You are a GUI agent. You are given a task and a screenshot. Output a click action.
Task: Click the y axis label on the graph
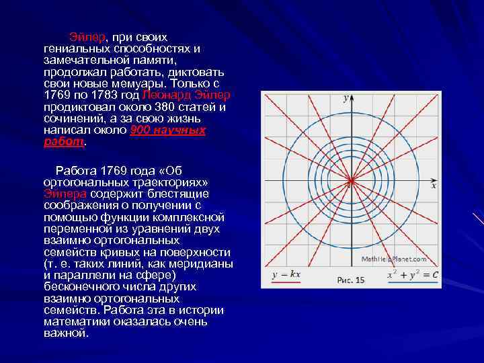point(346,99)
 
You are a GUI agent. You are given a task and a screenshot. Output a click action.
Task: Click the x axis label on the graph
point(434,186)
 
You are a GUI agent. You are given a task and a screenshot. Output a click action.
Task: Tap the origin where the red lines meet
point(351,179)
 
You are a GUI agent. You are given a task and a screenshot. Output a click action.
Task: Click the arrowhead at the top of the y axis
point(351,95)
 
